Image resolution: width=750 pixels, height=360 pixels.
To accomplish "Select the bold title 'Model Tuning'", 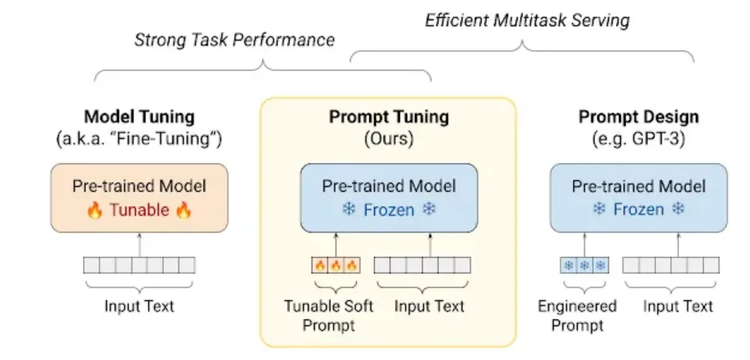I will (x=139, y=117).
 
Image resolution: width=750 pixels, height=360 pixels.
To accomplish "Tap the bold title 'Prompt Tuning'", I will (x=389, y=117).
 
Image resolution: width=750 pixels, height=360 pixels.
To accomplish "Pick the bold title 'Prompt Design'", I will (x=639, y=117).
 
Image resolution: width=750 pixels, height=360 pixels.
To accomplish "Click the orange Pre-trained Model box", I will (x=139, y=198).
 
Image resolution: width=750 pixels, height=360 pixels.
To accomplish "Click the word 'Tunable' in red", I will (x=139, y=210).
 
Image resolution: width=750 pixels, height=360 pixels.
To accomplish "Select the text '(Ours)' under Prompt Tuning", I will (x=389, y=138).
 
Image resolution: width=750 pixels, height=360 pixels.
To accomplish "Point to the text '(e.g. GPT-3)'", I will (x=638, y=138).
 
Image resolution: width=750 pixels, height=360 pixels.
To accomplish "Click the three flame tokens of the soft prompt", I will (x=335, y=265).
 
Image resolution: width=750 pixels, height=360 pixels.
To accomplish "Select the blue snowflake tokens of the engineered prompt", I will (x=584, y=265).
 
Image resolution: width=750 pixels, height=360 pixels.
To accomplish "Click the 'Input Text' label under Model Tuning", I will (x=139, y=306).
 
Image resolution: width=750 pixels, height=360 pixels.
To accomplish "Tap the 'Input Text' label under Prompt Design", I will (x=679, y=306).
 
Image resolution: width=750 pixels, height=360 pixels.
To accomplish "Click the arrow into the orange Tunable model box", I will (x=139, y=243).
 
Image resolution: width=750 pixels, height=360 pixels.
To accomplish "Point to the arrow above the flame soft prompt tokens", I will (x=335, y=243).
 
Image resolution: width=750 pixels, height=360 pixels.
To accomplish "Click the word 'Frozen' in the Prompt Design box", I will (x=638, y=210).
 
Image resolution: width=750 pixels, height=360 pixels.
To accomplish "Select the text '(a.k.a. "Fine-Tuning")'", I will (x=139, y=138).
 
